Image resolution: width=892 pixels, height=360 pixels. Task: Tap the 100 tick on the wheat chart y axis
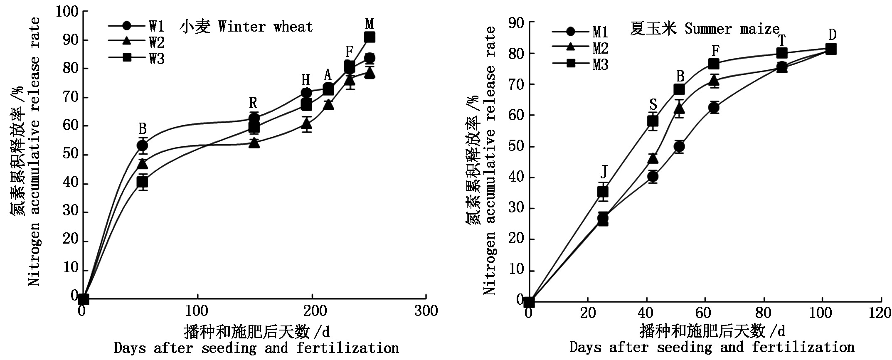point(67,11)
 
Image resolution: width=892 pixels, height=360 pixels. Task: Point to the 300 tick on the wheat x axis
point(426,311)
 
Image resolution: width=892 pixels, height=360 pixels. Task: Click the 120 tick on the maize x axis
point(880,313)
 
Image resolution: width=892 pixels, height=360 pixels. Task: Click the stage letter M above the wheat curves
point(369,24)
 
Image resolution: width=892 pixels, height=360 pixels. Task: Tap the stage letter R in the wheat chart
point(253,102)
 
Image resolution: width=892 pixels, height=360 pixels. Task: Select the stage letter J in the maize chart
point(604,171)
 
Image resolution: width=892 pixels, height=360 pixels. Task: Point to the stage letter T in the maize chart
point(781,41)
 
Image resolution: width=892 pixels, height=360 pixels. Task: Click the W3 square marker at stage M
point(369,37)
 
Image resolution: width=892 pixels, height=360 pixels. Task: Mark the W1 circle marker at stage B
point(142,145)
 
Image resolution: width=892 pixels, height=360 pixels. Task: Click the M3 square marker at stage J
point(603,192)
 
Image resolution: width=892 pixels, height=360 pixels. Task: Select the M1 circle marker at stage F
point(714,108)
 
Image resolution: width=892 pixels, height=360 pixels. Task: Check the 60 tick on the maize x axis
point(705,313)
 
